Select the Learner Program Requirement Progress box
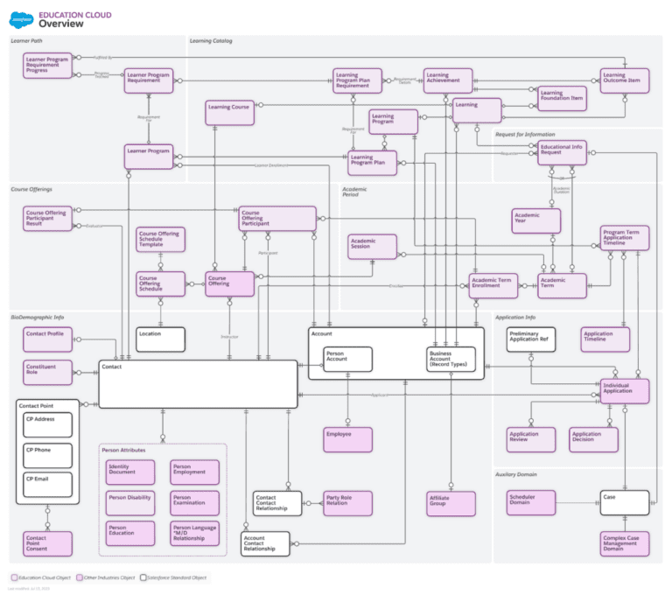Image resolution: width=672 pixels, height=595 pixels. (x=47, y=65)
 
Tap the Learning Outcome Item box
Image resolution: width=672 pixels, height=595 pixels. (x=625, y=80)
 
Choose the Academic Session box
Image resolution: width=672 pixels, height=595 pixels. (x=372, y=247)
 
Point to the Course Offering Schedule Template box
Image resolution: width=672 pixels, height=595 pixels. (x=160, y=239)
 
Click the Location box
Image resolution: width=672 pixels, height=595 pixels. (x=160, y=339)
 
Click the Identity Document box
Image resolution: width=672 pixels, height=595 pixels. (x=129, y=472)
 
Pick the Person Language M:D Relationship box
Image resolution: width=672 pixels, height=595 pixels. (x=195, y=533)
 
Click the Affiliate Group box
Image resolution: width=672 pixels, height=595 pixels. (x=451, y=503)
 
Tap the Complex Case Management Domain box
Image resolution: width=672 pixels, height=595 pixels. (x=625, y=543)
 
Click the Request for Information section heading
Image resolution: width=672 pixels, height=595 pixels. (x=525, y=135)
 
